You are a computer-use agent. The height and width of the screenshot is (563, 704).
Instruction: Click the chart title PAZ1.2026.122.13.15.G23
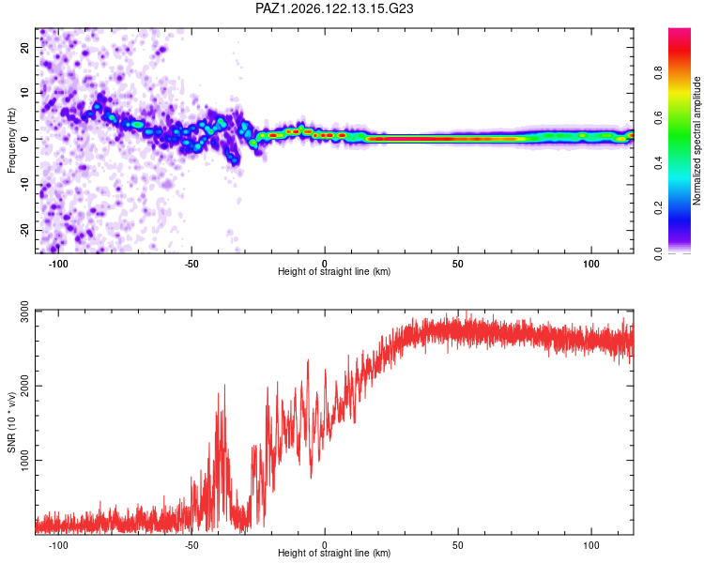tap(334, 8)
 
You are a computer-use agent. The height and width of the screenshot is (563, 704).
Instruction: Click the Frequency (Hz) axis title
tap(11, 141)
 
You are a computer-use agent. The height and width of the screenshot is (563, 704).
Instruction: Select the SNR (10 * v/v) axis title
tap(11, 422)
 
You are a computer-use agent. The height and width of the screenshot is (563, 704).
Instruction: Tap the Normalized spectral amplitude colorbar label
tap(696, 141)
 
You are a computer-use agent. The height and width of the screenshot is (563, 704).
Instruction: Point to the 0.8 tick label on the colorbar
tap(658, 72)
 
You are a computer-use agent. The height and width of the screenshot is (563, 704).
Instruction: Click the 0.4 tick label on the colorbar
tap(658, 163)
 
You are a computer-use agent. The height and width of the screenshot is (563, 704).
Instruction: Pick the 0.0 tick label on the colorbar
tap(658, 253)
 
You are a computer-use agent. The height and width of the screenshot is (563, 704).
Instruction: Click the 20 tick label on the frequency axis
tap(24, 47)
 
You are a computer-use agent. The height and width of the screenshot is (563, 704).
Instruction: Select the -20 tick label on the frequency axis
tap(24, 230)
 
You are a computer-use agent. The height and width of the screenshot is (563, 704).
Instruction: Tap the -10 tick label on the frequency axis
tap(24, 185)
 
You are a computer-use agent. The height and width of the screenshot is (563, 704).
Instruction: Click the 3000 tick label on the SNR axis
tap(24, 312)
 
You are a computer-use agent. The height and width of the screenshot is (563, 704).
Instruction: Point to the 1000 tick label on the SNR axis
tap(24, 460)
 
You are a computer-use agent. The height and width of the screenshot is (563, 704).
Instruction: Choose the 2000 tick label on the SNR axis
tap(24, 386)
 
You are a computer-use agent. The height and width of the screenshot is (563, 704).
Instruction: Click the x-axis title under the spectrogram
tap(334, 271)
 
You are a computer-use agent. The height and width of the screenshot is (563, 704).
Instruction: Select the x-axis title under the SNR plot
tap(334, 553)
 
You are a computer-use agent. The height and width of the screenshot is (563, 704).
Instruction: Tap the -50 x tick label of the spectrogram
tap(191, 264)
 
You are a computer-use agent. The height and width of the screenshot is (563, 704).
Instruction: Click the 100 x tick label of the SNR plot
tap(590, 545)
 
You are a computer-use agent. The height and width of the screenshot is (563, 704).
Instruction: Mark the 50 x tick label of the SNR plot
tap(457, 545)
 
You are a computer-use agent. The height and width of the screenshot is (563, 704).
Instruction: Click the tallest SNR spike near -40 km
tap(224, 385)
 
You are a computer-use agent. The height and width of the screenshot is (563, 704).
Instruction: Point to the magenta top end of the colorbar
tap(680, 30)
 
